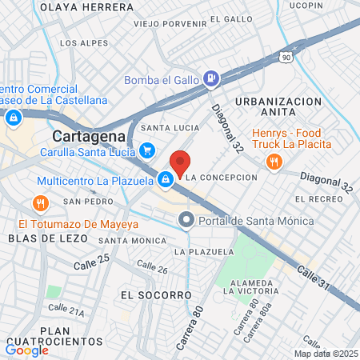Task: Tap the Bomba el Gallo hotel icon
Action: tap(211, 78)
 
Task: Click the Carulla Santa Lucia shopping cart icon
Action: tap(146, 150)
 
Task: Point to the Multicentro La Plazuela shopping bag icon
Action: tap(165, 181)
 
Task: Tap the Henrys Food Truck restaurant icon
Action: tap(274, 161)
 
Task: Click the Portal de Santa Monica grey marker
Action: tap(186, 218)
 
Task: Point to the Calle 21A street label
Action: tap(66, 310)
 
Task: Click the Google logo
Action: tap(27, 350)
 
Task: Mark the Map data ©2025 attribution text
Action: tap(325, 353)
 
